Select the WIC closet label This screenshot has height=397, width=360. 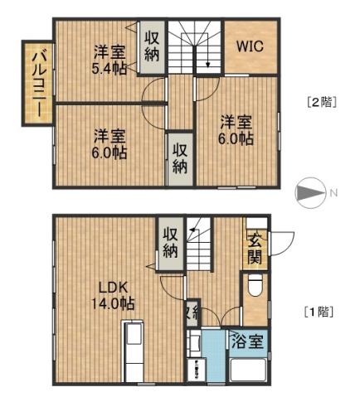(x=250, y=46)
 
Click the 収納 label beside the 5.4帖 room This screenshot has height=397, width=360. (x=151, y=46)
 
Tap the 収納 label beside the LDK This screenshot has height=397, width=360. (x=171, y=241)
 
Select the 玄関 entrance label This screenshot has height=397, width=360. (x=254, y=247)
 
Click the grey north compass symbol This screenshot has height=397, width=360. (x=310, y=193)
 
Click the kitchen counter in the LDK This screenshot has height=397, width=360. (x=134, y=352)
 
